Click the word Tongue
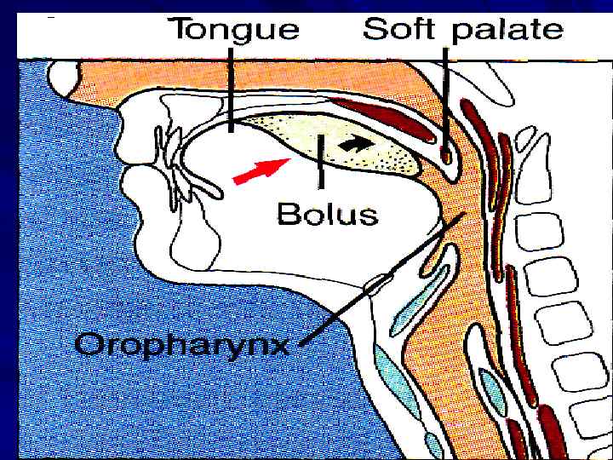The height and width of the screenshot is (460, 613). pos(236,30)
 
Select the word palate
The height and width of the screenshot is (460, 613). pos(507,30)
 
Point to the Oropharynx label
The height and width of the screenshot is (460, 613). pos(182,345)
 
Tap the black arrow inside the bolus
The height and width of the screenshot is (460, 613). pos(357,144)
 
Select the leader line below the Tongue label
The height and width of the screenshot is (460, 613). pos(231,85)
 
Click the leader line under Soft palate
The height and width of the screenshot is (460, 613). pos(445,94)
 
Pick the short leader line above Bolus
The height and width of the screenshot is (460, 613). pos(320,162)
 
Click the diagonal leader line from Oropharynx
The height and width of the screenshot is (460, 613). pos(383,281)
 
